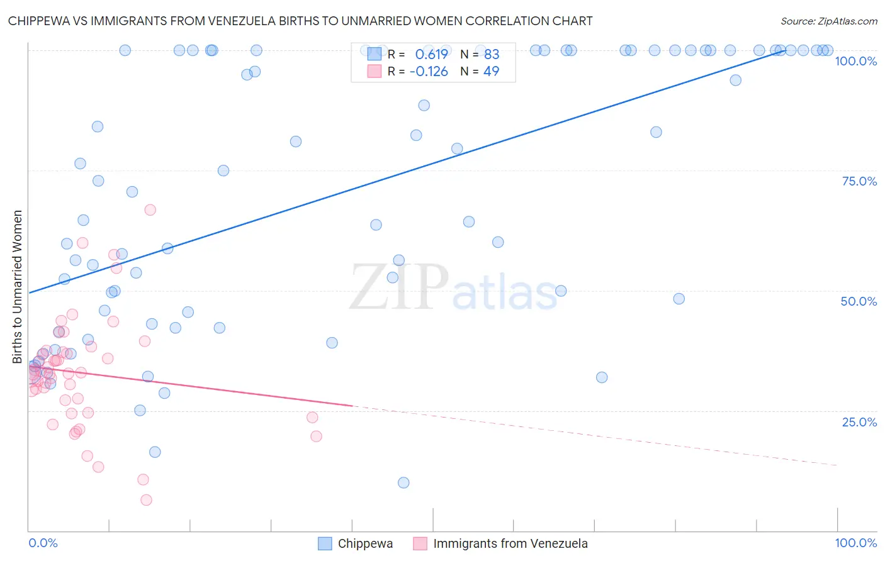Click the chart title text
pos(300,21)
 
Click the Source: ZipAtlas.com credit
pos(828,21)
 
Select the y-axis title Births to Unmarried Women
pos(17,287)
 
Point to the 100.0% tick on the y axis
pos(855,61)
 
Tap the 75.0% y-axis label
pos(859,181)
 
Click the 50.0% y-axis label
pos(859,301)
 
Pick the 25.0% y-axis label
pos(859,422)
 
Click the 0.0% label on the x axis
pos(43,543)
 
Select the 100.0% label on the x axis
pos(855,543)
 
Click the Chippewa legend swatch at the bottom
pos(325,543)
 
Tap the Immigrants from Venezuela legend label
pos(510,543)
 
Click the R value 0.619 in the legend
pos(431,54)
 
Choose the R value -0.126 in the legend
pos(428,71)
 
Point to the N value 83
pos(491,54)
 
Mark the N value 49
pos(491,71)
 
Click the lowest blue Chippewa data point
pos(403,482)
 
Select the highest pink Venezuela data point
pos(150,210)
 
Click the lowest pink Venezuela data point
pos(146,500)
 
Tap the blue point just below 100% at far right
pos(735,80)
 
